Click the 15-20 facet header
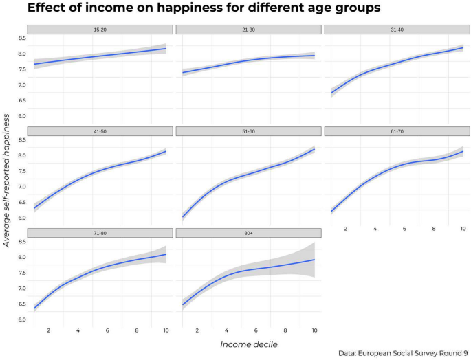tap(100, 30)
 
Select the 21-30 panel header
tap(248, 30)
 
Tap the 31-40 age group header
tap(397, 30)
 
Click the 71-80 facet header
tap(100, 233)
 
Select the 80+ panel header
tap(248, 233)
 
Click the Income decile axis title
tap(248, 343)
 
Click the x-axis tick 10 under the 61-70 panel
tap(463, 229)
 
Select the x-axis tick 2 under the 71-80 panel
tap(49, 330)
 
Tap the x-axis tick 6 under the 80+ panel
tap(256, 330)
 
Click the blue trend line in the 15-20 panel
tap(100, 56)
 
